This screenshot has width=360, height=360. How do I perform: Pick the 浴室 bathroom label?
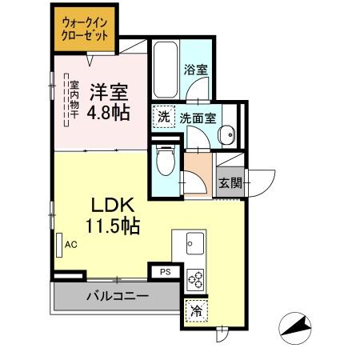(195, 70)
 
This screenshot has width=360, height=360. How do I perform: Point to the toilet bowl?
(166, 162)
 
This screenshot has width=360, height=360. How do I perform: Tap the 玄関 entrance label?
(230, 182)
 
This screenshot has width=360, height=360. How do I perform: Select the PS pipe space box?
(166, 272)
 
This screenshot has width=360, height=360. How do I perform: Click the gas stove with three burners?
(195, 280)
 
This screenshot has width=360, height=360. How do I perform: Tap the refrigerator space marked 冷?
(194, 312)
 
